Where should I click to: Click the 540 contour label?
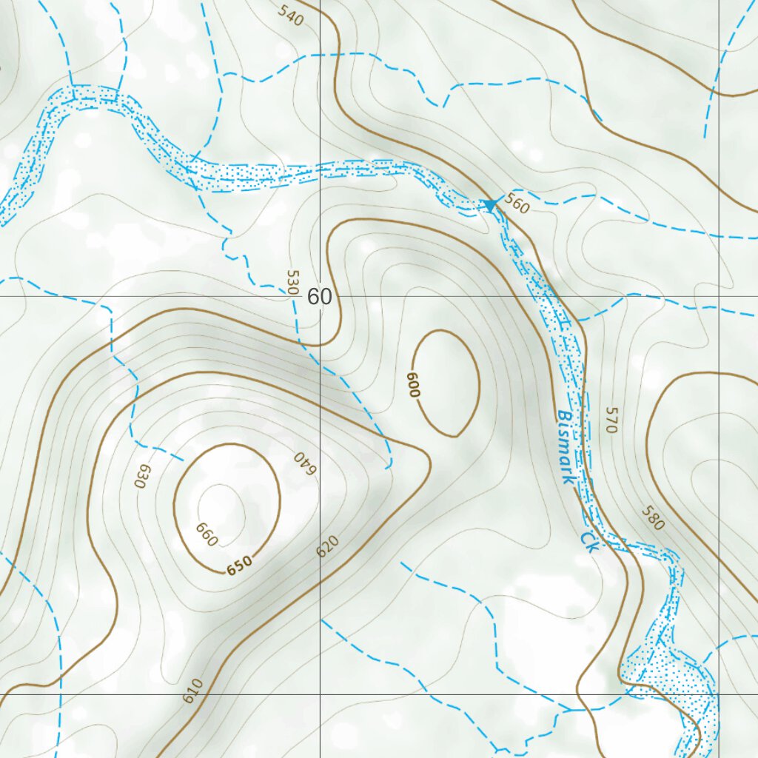pyautogui.click(x=292, y=15)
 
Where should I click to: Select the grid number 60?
pyautogui.click(x=320, y=297)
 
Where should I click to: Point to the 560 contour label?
pyautogui.click(x=517, y=205)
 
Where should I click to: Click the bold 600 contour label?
pyautogui.click(x=412, y=385)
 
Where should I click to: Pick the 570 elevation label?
pyautogui.click(x=611, y=419)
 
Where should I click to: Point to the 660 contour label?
pyautogui.click(x=207, y=534)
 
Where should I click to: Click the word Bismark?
pyautogui.click(x=566, y=447)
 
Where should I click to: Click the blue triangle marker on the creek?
pyautogui.click(x=489, y=204)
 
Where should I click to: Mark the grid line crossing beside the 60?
pyautogui.click(x=320, y=296)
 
